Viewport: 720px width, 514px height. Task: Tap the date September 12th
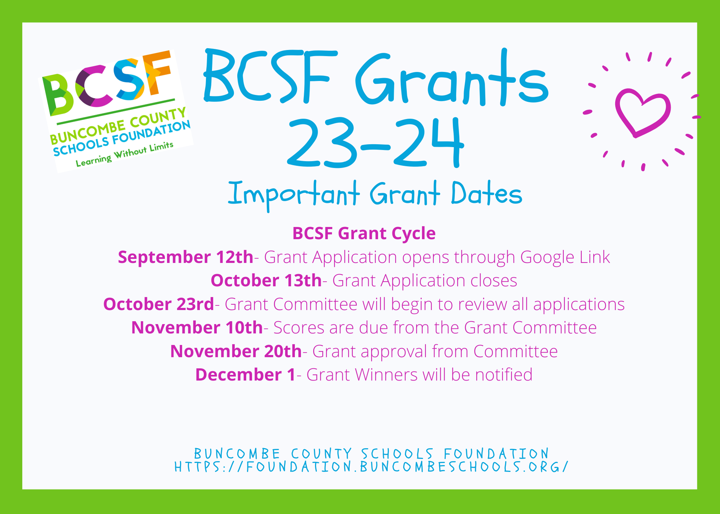click(186, 257)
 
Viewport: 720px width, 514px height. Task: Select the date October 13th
click(266, 281)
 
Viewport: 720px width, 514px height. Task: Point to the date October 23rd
click(159, 304)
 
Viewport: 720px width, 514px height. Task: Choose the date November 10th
click(197, 328)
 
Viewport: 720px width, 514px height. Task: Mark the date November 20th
click(236, 351)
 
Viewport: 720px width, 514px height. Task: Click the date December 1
click(246, 375)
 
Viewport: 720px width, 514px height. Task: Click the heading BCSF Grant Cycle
click(364, 233)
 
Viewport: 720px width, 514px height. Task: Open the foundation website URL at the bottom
click(371, 467)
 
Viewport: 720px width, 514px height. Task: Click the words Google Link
click(565, 258)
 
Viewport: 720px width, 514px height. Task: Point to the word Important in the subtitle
click(294, 194)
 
